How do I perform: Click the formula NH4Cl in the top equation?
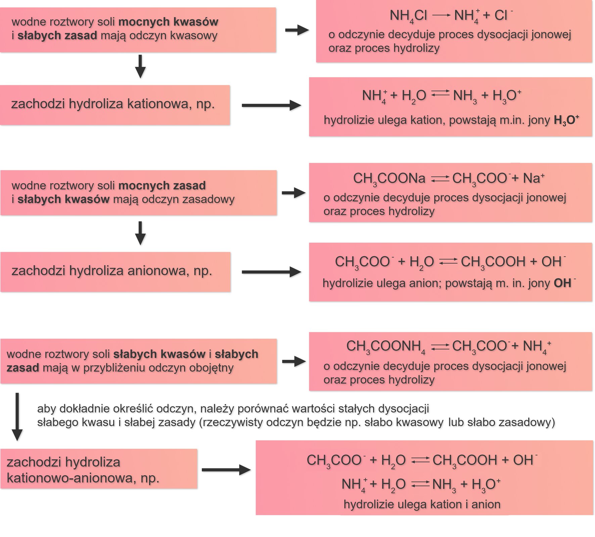tap(408, 16)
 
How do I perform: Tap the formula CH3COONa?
tap(389, 179)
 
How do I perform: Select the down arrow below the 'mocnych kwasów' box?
tap(140, 66)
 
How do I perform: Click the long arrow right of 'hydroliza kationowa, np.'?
tap(271, 105)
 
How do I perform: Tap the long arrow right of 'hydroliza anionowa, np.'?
tap(271, 272)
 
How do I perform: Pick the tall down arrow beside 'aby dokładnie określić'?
tap(17, 417)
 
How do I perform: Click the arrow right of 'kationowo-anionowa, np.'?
tap(226, 470)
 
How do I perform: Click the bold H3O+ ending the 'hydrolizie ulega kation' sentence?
tap(566, 120)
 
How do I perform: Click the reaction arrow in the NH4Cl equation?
tap(441, 15)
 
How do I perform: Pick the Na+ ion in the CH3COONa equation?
tap(534, 178)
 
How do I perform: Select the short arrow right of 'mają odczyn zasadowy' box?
tap(293, 193)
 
